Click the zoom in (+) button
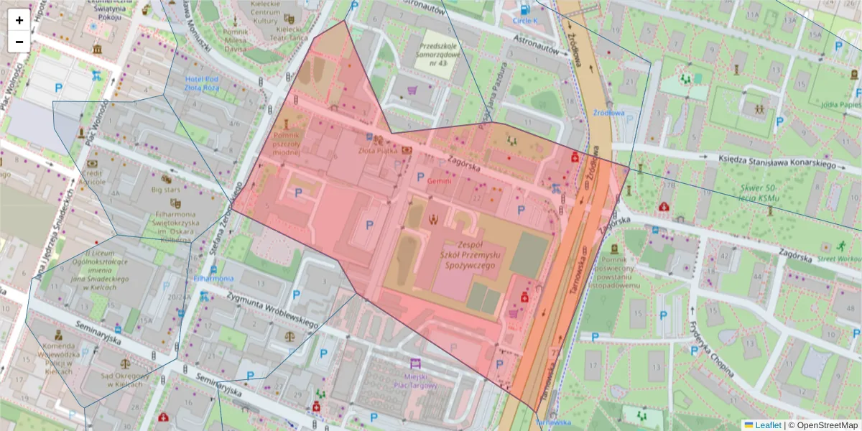coord(19,20)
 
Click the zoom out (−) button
coord(19,42)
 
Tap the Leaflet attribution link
coord(767,425)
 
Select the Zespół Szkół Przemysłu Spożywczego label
coord(468,255)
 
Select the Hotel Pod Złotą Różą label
coord(201,83)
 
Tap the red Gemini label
coord(440,182)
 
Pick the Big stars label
coord(167,190)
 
